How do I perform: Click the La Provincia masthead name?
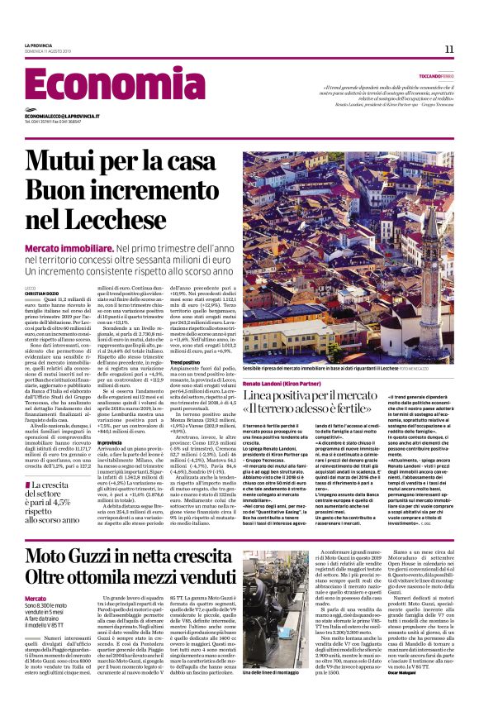39,45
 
